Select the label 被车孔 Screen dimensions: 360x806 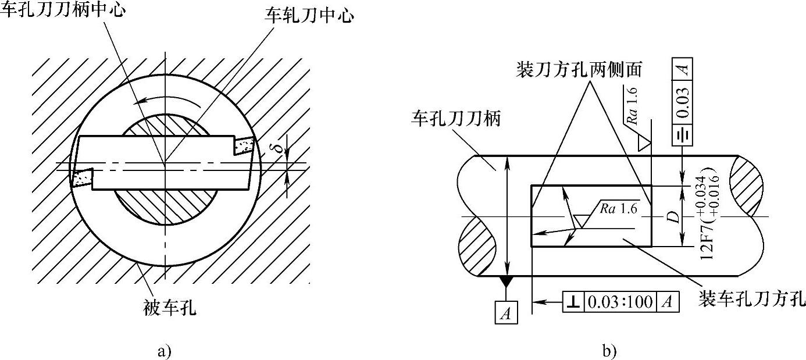pyautogui.click(x=169, y=308)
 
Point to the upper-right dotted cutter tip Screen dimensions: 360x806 pyautogui.click(x=243, y=145)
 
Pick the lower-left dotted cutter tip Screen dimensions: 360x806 pyautogui.click(x=82, y=178)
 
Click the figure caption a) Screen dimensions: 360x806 pyautogui.click(x=165, y=351)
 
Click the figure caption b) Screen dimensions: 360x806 pyautogui.click(x=609, y=351)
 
